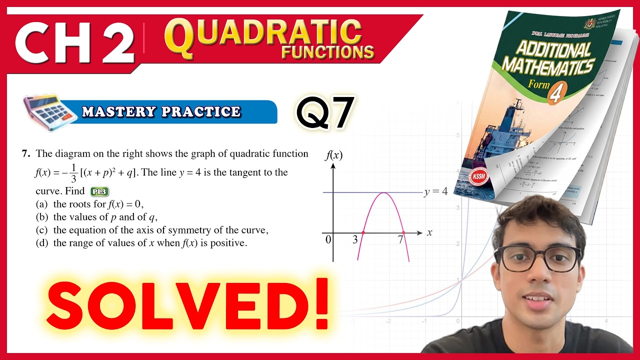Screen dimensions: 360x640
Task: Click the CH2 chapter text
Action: click(x=75, y=42)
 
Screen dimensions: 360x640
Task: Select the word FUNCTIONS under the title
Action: click(x=327, y=52)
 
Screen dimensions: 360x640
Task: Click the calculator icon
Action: click(x=50, y=112)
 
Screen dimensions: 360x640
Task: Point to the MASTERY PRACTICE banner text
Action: click(x=161, y=111)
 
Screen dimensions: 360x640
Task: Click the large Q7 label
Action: click(x=325, y=112)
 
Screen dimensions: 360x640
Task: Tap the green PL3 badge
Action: click(x=99, y=191)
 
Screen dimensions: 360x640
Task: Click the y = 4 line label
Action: click(x=435, y=192)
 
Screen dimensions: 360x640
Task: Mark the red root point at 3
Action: click(x=363, y=233)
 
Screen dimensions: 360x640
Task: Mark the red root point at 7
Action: click(x=403, y=233)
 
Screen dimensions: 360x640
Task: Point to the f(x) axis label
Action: click(x=333, y=155)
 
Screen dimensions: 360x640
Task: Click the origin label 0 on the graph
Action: click(x=328, y=240)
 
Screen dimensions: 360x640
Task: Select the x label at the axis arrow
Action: click(x=429, y=233)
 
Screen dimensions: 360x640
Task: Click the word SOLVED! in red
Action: click(x=187, y=304)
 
